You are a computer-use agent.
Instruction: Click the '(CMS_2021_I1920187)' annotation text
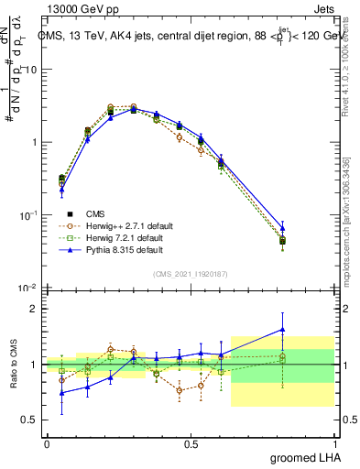pyautogui.click(x=190, y=272)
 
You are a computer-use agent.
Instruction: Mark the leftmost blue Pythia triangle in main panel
pyautogui.click(x=61, y=190)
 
